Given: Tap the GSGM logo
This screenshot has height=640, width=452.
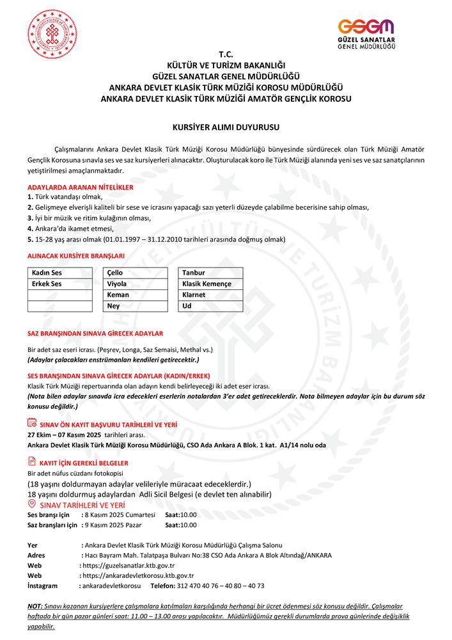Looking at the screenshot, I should tap(366, 34).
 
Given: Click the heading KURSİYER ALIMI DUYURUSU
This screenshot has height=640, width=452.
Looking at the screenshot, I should tap(226, 128).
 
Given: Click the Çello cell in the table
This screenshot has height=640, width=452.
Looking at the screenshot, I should tap(136, 273).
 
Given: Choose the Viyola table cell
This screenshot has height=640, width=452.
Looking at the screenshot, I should tap(136, 284).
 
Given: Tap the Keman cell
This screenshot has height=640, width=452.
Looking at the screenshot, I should tap(136, 295).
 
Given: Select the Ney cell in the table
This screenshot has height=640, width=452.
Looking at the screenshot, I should tap(136, 306).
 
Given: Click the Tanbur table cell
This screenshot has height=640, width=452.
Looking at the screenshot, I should tap(210, 273).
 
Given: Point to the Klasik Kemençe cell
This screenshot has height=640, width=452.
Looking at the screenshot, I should tap(210, 284).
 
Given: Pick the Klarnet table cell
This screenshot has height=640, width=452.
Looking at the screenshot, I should tap(210, 295).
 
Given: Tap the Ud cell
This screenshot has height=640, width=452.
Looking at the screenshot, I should tap(210, 306).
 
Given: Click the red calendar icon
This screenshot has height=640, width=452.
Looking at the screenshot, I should tap(33, 422).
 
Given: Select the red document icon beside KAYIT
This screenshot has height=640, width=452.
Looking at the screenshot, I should tap(33, 461).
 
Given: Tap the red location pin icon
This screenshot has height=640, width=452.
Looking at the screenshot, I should tap(33, 504).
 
